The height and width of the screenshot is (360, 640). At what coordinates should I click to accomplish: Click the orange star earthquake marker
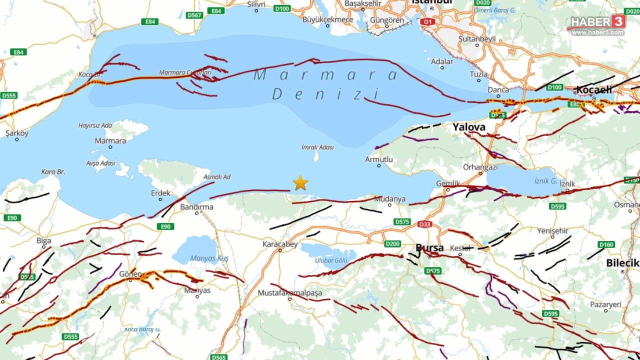tap(300, 183)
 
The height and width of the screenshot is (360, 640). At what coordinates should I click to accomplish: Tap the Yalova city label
tap(469, 127)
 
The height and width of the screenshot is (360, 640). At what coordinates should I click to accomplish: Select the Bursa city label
tap(429, 248)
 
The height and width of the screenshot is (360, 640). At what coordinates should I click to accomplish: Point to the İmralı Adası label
tap(317, 147)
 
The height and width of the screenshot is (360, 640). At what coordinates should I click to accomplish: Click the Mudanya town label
tap(389, 198)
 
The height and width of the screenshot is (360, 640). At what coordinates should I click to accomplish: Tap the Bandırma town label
tap(196, 206)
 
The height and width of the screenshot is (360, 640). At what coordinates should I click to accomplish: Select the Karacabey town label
tap(280, 244)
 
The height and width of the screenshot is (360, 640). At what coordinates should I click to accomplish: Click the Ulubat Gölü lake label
tap(331, 260)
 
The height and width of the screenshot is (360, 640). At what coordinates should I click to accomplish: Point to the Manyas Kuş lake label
tap(209, 258)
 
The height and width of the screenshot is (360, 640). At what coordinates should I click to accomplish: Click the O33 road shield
tap(424, 224)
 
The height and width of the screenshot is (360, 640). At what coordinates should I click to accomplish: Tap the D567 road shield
tap(194, 15)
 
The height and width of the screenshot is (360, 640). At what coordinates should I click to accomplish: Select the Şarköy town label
tap(17, 133)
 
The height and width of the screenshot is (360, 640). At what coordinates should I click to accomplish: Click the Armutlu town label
tap(378, 159)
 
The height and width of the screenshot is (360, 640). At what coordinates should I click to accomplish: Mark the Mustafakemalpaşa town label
tap(290, 293)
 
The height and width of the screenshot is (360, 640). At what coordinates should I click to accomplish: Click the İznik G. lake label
tap(545, 180)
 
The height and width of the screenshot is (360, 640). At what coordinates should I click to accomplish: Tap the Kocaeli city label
tap(594, 89)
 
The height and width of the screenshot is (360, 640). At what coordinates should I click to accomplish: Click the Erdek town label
tap(160, 193)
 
